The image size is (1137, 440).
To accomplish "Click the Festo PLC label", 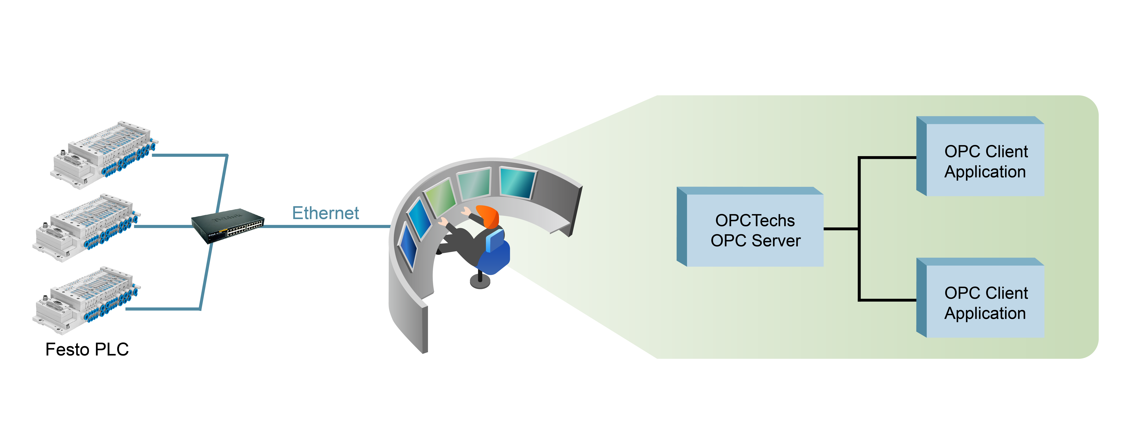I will (x=87, y=349).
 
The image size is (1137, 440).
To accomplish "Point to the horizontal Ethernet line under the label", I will (x=327, y=226).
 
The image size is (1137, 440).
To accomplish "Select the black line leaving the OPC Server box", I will (x=841, y=229).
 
